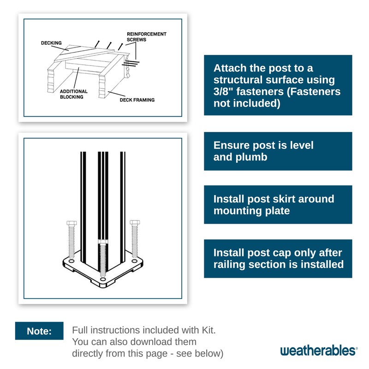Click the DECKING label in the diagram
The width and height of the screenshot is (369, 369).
pyautogui.click(x=51, y=43)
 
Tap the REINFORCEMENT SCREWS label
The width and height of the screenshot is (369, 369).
pyautogui.click(x=146, y=37)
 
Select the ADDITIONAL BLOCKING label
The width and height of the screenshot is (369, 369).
pyautogui.click(x=74, y=94)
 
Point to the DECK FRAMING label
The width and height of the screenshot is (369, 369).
pyautogui.click(x=137, y=100)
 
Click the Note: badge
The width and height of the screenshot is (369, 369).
pyautogui.click(x=39, y=331)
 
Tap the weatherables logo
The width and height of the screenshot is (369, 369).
pyautogui.click(x=319, y=351)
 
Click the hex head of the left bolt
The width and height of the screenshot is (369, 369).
pyautogui.click(x=71, y=223)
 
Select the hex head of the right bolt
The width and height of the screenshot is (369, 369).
pyautogui.click(x=135, y=222)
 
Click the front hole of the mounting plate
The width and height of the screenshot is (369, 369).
pyautogui.click(x=103, y=280)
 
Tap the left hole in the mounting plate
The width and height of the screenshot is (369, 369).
pyautogui.click(x=71, y=261)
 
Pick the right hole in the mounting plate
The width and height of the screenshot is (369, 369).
pyautogui.click(x=134, y=261)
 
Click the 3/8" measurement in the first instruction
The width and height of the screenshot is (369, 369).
pyautogui.click(x=223, y=91)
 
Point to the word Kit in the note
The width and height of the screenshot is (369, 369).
pyautogui.click(x=208, y=330)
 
